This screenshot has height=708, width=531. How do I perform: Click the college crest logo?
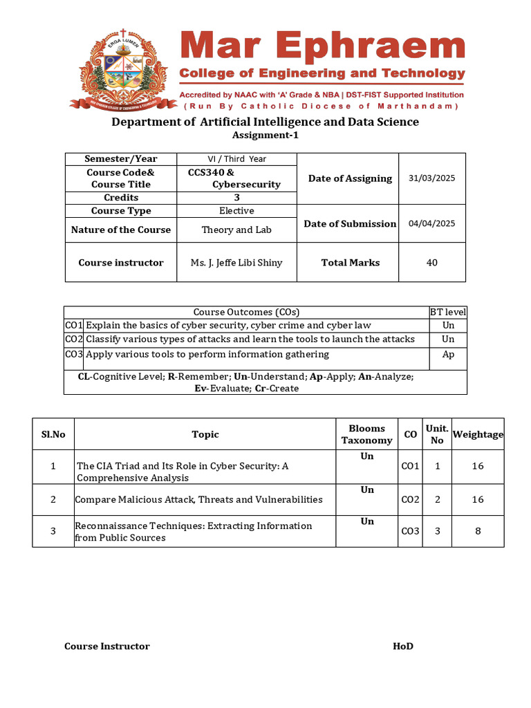coord(120,66)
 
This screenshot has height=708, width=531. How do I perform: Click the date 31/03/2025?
coord(432,178)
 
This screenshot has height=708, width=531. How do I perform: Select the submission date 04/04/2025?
coord(432,223)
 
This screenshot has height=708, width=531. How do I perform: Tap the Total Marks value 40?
coord(432,262)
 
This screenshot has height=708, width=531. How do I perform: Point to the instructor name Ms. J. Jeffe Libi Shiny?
coord(236,263)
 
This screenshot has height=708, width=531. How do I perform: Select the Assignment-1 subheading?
coord(265,136)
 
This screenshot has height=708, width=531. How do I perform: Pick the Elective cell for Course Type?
coord(236,211)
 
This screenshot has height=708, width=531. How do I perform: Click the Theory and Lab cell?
coord(236,230)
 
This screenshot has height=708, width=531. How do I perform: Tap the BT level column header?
coord(448,313)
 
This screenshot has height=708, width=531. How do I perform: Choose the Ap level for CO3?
coord(448,355)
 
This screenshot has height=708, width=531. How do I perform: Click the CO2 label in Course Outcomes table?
coord(73,339)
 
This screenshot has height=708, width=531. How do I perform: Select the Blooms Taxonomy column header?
coord(366,434)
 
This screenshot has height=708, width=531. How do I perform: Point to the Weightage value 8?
coord(478,531)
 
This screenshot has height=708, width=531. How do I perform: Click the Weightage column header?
coord(478,434)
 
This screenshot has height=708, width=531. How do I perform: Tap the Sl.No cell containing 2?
coord(53,499)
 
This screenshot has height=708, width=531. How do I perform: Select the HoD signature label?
coord(403,646)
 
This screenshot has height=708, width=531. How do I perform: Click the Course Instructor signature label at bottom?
coord(107,646)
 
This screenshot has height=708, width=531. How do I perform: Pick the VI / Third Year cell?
coord(236,159)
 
